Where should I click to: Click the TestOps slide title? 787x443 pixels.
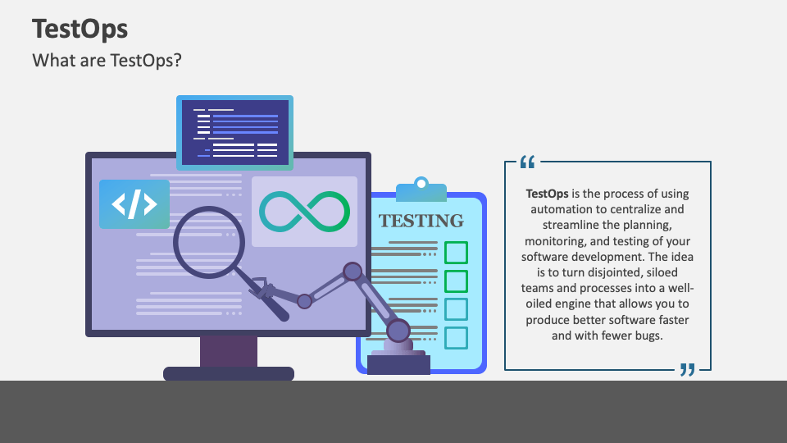pos(80,29)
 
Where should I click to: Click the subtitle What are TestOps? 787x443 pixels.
pos(107,61)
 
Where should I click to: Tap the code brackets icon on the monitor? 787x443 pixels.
pos(134,204)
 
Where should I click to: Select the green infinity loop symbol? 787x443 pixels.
pos(304,212)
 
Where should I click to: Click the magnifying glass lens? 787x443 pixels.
pos(209,242)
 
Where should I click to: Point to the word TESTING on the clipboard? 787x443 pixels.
pos(421,221)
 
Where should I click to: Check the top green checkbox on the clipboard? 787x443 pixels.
pos(456,252)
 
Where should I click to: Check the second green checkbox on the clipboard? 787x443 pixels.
pos(456,281)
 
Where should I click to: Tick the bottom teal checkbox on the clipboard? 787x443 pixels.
pos(456,337)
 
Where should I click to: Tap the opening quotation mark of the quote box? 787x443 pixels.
pos(527,162)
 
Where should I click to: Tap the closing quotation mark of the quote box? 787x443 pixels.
pos(687,370)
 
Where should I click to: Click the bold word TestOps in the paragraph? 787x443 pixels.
pos(547,194)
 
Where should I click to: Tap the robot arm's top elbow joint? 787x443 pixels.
pos(353,272)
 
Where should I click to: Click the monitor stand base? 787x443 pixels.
pos(229,373)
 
